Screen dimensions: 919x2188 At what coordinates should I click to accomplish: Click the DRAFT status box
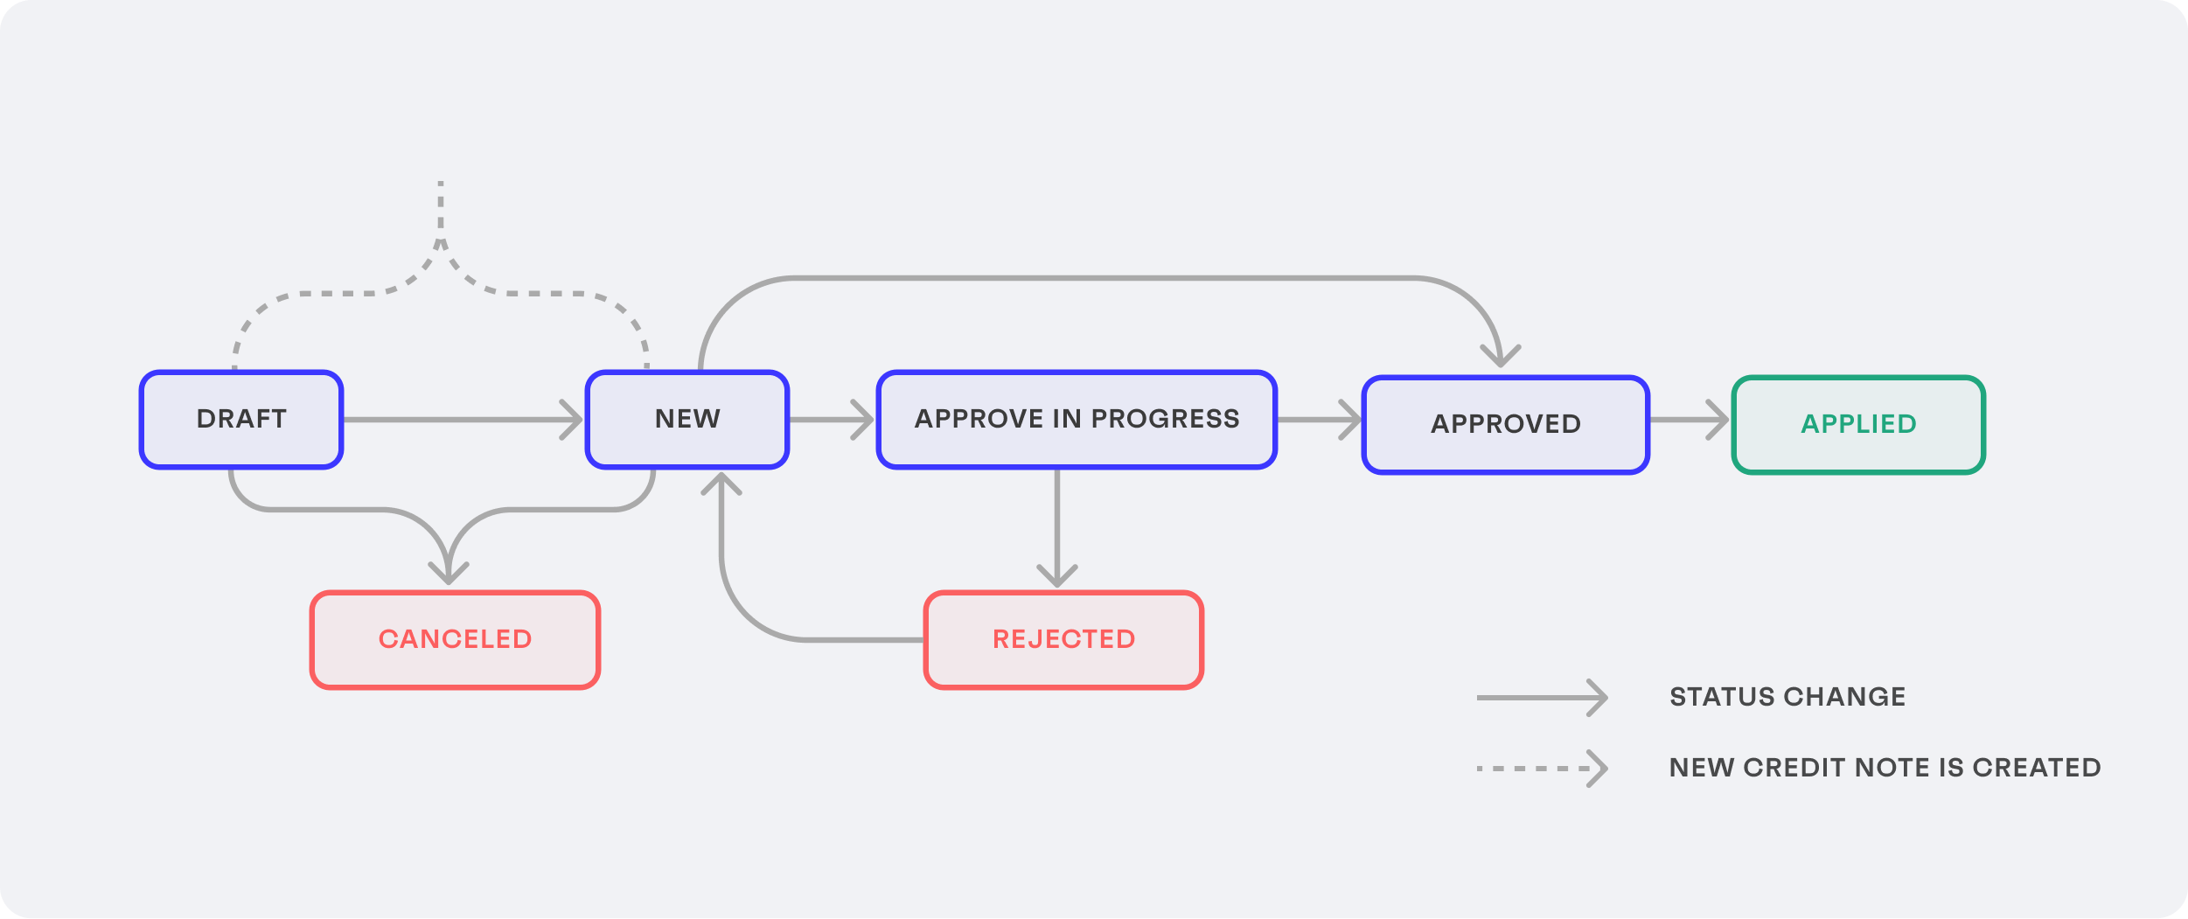pyautogui.click(x=241, y=420)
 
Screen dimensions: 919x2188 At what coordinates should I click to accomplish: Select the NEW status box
pyautogui.click(x=687, y=420)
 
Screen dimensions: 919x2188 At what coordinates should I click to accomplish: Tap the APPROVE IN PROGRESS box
pyautogui.click(x=1077, y=420)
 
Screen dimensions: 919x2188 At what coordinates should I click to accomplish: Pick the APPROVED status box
pyautogui.click(x=1505, y=425)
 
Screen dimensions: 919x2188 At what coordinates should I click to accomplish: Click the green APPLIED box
pyautogui.click(x=1858, y=425)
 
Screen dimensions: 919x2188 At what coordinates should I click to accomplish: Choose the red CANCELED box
pyautogui.click(x=455, y=640)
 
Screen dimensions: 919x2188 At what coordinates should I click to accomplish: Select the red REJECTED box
pyautogui.click(x=1063, y=640)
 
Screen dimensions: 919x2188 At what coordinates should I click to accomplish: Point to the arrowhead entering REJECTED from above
pyautogui.click(x=1057, y=578)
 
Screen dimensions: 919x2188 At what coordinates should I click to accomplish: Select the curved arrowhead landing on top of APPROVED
pyautogui.click(x=1501, y=357)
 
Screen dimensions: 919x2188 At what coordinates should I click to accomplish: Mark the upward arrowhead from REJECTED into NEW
pyautogui.click(x=721, y=483)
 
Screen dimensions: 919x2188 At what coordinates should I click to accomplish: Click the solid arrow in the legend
pyautogui.click(x=1541, y=698)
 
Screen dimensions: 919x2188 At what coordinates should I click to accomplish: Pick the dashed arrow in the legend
pyautogui.click(x=1541, y=769)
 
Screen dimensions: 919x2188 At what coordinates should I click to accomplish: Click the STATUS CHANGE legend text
pyautogui.click(x=1787, y=697)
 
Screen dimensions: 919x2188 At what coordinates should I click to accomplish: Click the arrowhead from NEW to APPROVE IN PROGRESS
pyautogui.click(x=864, y=420)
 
